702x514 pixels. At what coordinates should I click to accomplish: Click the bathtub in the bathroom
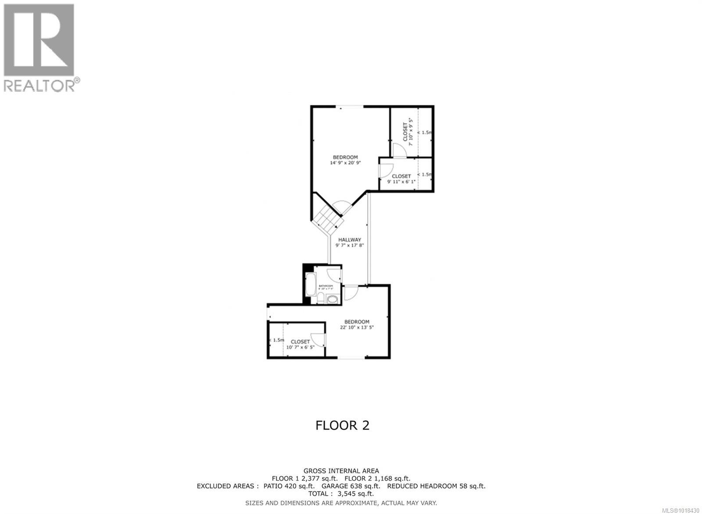[311, 284]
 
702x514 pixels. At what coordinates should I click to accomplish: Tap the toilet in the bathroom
[321, 299]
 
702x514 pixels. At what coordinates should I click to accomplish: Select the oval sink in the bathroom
[333, 300]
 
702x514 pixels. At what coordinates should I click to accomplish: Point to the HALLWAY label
[350, 240]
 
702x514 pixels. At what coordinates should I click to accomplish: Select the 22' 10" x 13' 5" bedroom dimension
[357, 327]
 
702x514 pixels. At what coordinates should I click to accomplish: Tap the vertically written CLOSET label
[405, 132]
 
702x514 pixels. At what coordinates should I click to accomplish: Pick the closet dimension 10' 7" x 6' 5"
[300, 347]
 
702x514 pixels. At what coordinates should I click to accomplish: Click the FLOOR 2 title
[342, 425]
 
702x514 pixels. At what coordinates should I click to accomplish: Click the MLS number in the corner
[681, 510]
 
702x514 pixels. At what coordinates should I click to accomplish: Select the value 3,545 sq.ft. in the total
[356, 494]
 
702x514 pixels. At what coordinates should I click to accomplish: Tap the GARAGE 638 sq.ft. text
[351, 486]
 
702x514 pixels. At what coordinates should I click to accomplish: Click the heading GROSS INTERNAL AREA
[341, 471]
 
